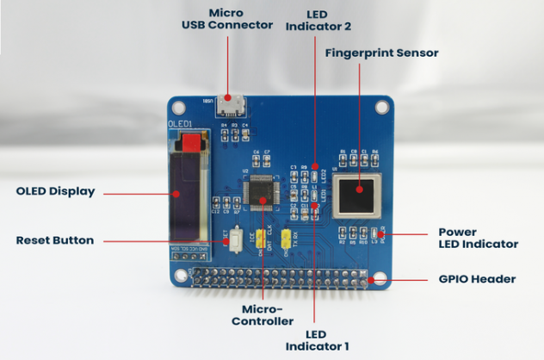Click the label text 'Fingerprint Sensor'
pyautogui.click(x=381, y=53)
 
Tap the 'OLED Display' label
pyautogui.click(x=55, y=191)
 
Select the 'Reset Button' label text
pyautogui.click(x=55, y=240)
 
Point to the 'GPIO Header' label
pyautogui.click(x=475, y=279)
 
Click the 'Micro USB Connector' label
pyautogui.click(x=226, y=20)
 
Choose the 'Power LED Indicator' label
pyautogui.click(x=478, y=238)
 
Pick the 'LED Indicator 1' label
pyautogui.click(x=317, y=340)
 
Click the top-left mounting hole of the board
pyautogui.click(x=179, y=109)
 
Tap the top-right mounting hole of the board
pyautogui.click(x=380, y=109)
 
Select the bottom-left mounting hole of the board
pyautogui.click(x=180, y=278)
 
